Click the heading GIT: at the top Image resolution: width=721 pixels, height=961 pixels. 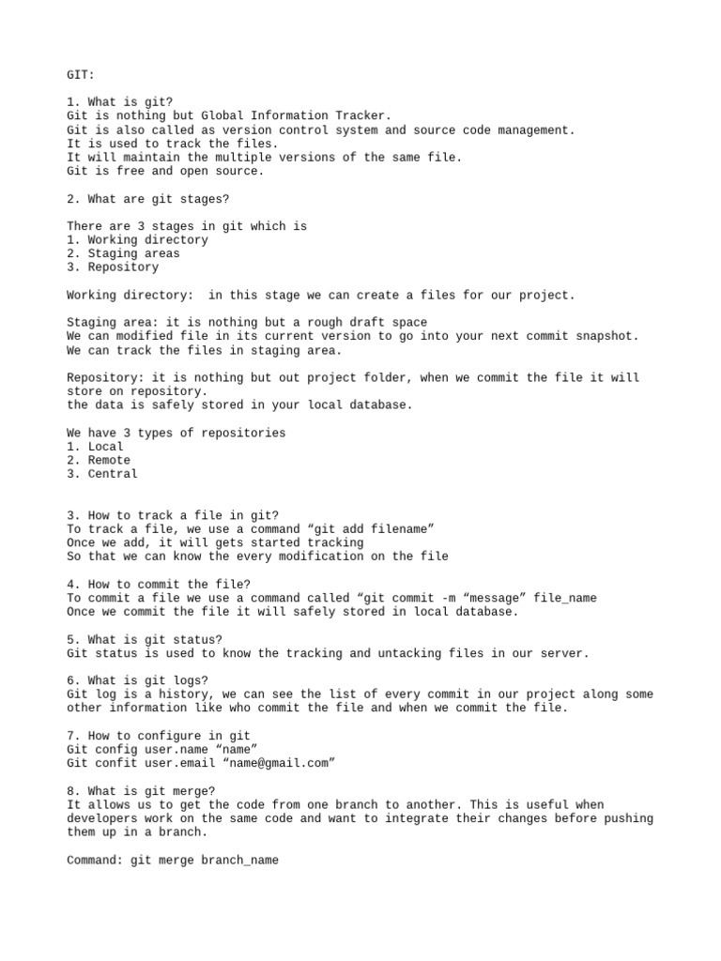click(81, 74)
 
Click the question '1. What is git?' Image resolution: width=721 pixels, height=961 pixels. click(120, 102)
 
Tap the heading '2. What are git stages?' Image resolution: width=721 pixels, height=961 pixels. click(148, 199)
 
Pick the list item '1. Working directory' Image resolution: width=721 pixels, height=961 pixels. click(138, 240)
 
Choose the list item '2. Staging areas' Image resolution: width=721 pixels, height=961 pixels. click(124, 253)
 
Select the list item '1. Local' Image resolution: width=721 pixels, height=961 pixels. click(96, 447)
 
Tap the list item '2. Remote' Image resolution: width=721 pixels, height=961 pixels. click(99, 461)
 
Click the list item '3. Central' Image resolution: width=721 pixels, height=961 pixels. click(102, 474)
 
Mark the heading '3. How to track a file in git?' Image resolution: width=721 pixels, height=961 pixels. click(173, 515)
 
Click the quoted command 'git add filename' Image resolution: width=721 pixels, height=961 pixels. click(371, 529)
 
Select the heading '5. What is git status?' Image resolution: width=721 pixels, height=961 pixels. click(145, 639)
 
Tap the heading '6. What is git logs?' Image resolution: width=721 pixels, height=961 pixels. click(138, 680)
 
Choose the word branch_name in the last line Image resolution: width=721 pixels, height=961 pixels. click(239, 860)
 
